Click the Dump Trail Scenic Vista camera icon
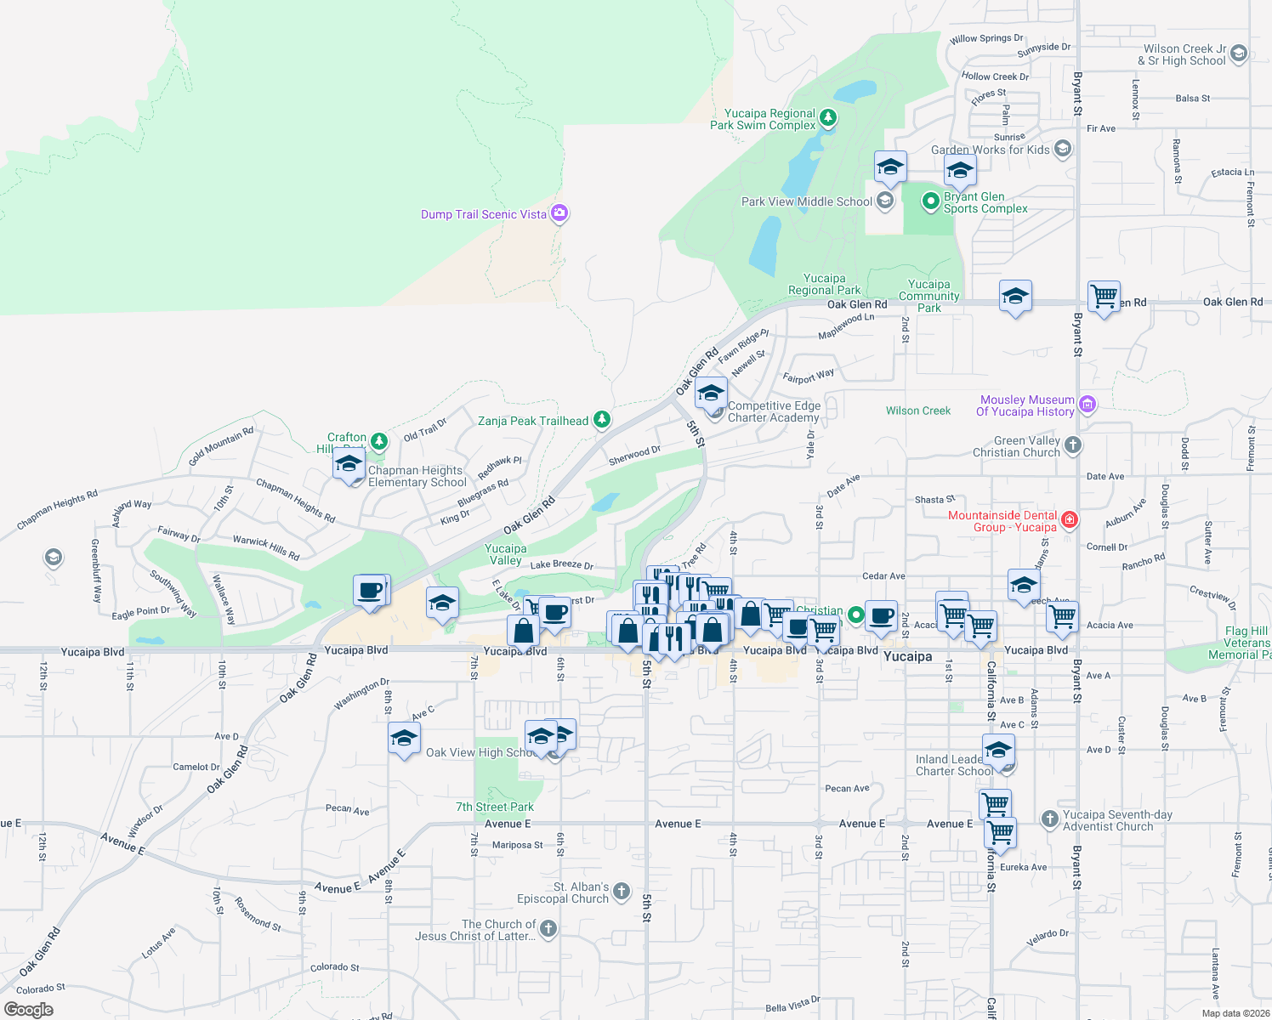pos(559,213)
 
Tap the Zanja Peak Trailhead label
pos(532,421)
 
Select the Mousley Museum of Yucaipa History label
pos(1025,405)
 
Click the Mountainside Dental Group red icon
pos(1070,519)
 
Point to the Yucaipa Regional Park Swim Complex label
pos(763,119)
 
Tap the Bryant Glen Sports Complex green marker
pos(930,201)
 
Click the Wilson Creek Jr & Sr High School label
pos(1184,54)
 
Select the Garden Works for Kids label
pos(990,150)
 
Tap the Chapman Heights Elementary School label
pos(417,476)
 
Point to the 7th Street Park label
pos(495,807)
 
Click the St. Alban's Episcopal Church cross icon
pos(622,891)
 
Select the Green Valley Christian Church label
pos(1016,446)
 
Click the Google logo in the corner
pos(28,1010)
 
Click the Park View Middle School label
pos(806,201)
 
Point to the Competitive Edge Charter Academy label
pos(774,411)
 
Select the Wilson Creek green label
pos(918,411)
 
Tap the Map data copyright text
pos(1235,1012)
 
